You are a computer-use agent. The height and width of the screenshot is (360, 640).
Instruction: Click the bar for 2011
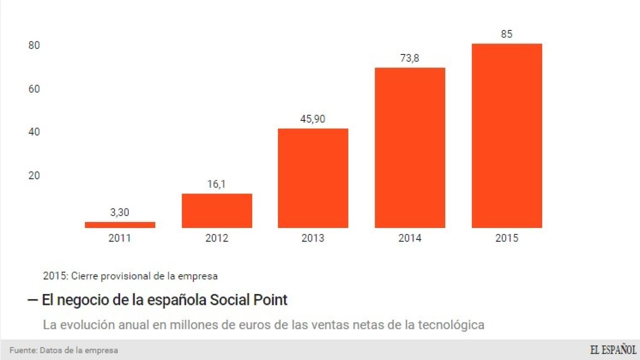click(x=120, y=225)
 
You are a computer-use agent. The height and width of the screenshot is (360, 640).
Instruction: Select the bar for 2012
click(x=217, y=211)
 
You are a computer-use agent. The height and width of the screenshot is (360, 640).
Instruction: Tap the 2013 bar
click(x=313, y=178)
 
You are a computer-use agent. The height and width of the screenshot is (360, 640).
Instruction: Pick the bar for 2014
click(x=410, y=148)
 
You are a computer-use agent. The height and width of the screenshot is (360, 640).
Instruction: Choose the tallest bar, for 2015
click(x=506, y=136)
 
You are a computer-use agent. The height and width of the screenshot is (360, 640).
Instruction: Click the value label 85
click(x=506, y=34)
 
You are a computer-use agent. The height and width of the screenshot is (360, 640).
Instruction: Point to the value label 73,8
click(x=409, y=58)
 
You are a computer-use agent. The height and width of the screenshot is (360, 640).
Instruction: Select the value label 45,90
click(x=312, y=119)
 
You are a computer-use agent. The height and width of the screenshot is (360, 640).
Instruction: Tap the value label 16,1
click(x=216, y=184)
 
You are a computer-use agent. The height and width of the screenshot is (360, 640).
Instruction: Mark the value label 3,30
click(x=120, y=213)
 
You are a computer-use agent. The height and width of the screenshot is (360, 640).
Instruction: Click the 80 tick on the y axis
click(x=34, y=45)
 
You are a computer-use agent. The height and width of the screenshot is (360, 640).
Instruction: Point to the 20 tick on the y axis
click(x=34, y=175)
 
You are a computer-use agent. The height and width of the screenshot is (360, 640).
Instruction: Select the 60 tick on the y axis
click(x=34, y=89)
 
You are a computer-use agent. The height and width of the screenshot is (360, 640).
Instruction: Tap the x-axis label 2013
click(x=312, y=238)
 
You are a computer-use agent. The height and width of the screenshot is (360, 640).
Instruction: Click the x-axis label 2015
click(x=506, y=238)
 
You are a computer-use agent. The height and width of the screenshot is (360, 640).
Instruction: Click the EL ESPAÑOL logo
click(x=613, y=350)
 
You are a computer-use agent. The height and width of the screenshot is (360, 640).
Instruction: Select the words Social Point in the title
click(x=248, y=300)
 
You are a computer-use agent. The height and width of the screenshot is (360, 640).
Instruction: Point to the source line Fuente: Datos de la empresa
click(x=64, y=351)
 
